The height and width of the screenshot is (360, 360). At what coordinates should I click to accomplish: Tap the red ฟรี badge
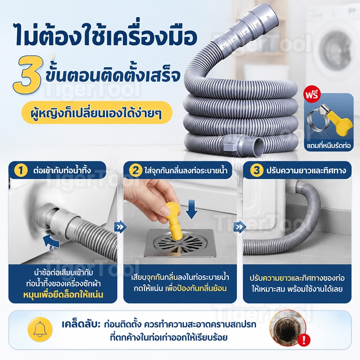pyautogui.click(x=311, y=94)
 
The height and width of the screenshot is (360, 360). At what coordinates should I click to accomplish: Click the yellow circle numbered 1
pyautogui.click(x=21, y=171)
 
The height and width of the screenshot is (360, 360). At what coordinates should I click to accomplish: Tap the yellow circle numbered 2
pyautogui.click(x=135, y=171)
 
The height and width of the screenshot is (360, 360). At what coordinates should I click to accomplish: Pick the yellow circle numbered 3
pyautogui.click(x=256, y=171)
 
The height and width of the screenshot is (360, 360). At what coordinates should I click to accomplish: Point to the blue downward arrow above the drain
pyautogui.click(x=191, y=209)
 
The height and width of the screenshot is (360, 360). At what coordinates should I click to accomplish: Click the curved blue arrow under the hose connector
pyautogui.click(x=51, y=242)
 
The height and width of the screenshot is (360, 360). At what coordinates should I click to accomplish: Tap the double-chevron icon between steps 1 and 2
pyautogui.click(x=120, y=227)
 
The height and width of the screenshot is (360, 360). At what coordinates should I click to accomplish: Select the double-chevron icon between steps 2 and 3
pyautogui.click(x=239, y=227)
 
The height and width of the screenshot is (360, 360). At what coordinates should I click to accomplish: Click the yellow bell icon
pyautogui.click(x=40, y=329)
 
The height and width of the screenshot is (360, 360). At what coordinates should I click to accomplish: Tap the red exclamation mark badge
pyautogui.click(x=303, y=340)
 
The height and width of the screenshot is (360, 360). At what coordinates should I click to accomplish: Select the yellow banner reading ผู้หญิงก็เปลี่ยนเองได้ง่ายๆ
pyautogui.click(x=97, y=112)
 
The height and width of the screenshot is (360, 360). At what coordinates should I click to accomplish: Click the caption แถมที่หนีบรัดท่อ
pyautogui.click(x=328, y=145)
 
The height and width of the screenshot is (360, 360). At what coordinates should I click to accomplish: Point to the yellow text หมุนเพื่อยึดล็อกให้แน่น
pyautogui.click(x=63, y=295)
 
